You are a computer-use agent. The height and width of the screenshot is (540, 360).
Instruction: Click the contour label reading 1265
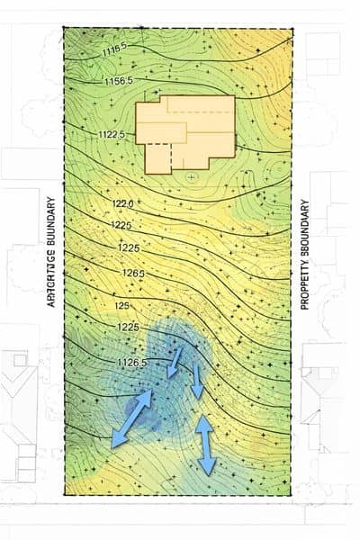(133, 273)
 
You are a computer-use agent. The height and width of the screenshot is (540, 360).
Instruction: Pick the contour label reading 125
(122, 306)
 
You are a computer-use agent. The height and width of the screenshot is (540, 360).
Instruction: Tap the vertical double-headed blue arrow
(205, 445)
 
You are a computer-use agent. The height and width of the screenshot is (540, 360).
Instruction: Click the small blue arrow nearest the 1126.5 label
(176, 362)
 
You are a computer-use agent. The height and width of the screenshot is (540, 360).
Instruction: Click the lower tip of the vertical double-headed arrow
(208, 472)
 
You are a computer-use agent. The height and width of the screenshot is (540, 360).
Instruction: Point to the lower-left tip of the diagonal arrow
(112, 445)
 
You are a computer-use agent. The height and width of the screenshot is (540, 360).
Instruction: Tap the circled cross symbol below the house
(190, 177)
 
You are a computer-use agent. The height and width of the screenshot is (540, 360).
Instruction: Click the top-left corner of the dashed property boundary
(64, 27)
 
